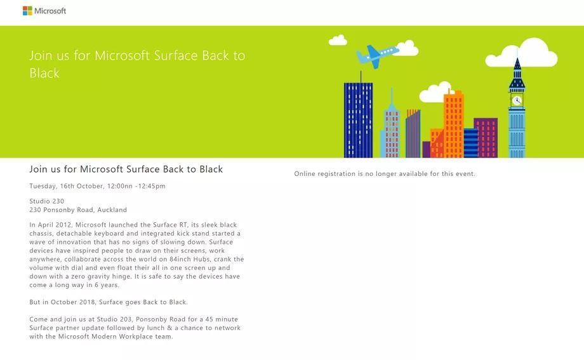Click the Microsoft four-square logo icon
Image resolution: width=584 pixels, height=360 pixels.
pyautogui.click(x=27, y=11)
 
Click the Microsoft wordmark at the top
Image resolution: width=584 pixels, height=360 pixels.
pyautogui.click(x=50, y=11)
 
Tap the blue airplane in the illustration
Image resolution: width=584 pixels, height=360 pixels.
pyautogui.click(x=377, y=55)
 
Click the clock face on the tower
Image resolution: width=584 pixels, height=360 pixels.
pyautogui.click(x=517, y=100)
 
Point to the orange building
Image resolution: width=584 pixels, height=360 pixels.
pyautogui.click(x=453, y=124)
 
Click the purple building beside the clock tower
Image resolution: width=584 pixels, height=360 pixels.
pyautogui.click(x=486, y=137)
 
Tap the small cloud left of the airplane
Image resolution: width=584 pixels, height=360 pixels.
pyautogui.click(x=338, y=40)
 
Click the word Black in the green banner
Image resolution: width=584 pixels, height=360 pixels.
pyautogui.click(x=44, y=73)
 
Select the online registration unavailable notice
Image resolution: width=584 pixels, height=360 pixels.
pyautogui.click(x=384, y=174)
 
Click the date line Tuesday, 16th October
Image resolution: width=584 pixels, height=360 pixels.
pyautogui.click(x=97, y=186)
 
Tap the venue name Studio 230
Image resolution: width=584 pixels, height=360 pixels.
pyautogui.click(x=46, y=201)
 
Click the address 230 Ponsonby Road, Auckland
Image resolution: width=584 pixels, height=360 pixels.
pyautogui.click(x=78, y=210)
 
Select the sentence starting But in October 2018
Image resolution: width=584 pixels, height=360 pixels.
pyautogui.click(x=109, y=302)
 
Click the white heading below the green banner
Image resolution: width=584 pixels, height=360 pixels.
pyautogui.click(x=126, y=170)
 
